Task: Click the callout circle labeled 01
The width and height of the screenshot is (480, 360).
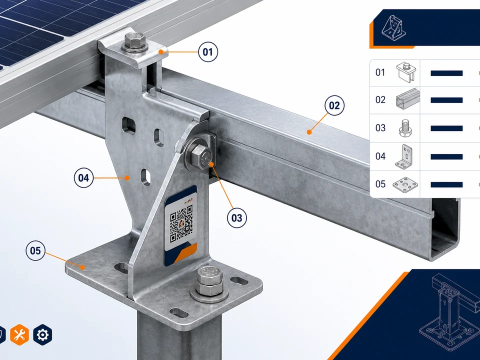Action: point(208,51)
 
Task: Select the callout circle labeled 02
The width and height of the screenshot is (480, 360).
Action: point(334,105)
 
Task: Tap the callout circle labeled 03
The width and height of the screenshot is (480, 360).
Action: point(236,218)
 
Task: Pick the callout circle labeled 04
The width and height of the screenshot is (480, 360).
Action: point(83,178)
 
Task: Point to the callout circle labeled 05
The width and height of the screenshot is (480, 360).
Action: point(35,250)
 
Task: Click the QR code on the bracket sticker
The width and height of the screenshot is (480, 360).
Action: point(181,224)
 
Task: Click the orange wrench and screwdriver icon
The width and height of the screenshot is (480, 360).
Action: point(19,334)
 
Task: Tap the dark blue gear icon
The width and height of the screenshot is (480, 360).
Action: point(42,334)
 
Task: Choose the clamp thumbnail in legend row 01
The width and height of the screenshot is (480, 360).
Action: point(406,72)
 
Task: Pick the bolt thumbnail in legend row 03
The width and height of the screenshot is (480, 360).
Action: point(405,128)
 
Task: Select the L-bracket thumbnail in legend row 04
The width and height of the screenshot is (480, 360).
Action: point(404,156)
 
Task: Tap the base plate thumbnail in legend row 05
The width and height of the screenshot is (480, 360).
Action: point(405,184)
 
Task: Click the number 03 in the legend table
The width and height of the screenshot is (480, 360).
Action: point(380,127)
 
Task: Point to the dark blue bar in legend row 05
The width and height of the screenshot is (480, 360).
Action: point(446,184)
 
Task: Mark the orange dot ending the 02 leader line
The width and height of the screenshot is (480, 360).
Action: point(309,132)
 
